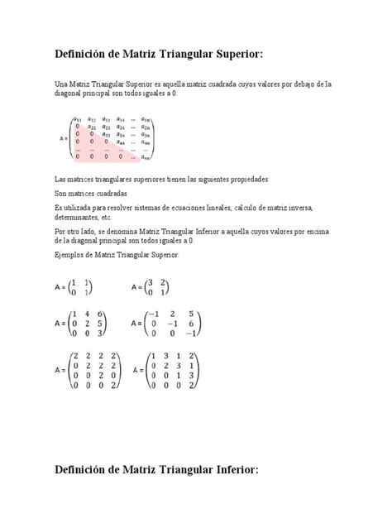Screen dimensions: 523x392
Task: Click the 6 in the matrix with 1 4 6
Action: pos(100,314)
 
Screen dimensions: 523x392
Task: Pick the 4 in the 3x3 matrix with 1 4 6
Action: pos(87,314)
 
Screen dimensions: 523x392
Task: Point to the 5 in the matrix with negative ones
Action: pos(191,314)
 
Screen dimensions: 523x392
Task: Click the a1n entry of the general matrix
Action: pos(146,119)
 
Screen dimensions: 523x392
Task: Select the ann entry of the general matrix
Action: pos(146,156)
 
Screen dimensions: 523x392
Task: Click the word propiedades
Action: pos(256,178)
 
